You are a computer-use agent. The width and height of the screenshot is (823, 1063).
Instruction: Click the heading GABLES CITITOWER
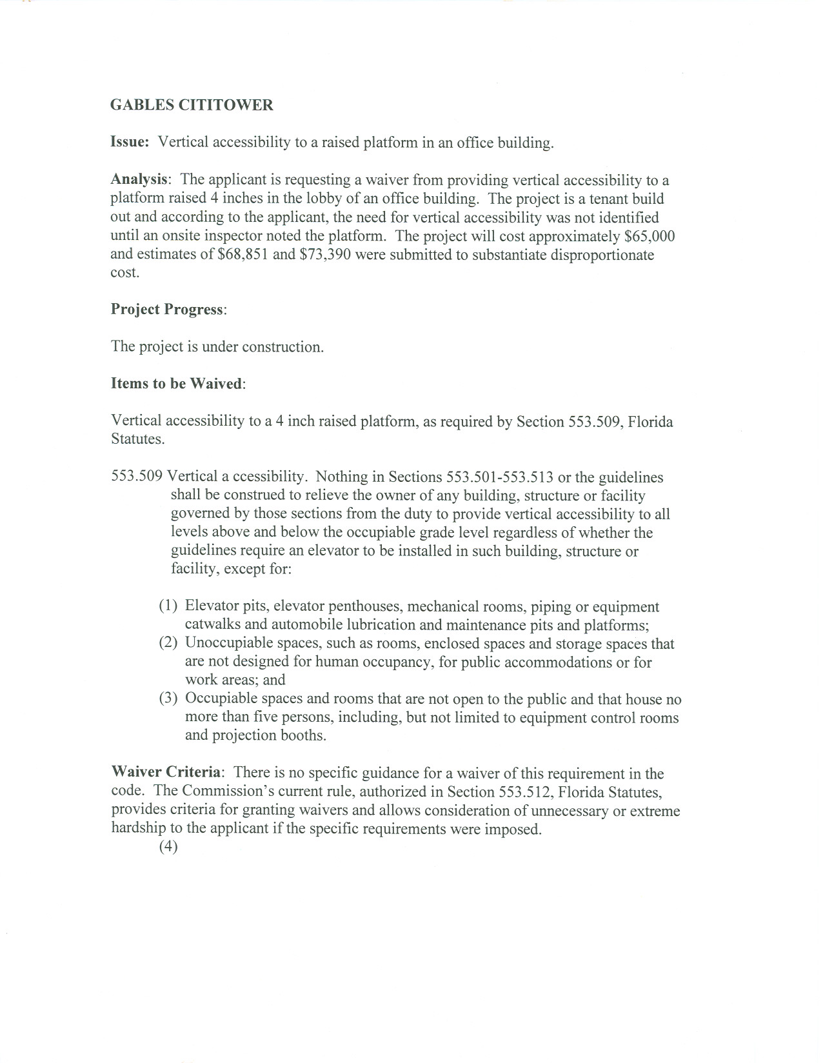(192, 105)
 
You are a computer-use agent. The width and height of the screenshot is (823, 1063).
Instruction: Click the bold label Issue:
(130, 143)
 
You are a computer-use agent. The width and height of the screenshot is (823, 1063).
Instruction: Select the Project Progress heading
(167, 310)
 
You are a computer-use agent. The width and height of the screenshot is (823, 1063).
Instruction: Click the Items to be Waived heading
(177, 384)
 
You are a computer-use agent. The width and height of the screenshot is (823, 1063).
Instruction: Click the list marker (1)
(168, 606)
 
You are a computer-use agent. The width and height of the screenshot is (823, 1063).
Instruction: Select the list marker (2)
(168, 643)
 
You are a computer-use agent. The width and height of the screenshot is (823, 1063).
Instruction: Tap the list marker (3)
(168, 699)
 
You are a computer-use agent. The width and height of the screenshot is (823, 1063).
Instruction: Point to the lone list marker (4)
(168, 847)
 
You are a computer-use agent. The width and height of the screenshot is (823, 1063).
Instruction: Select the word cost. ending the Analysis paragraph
(124, 272)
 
